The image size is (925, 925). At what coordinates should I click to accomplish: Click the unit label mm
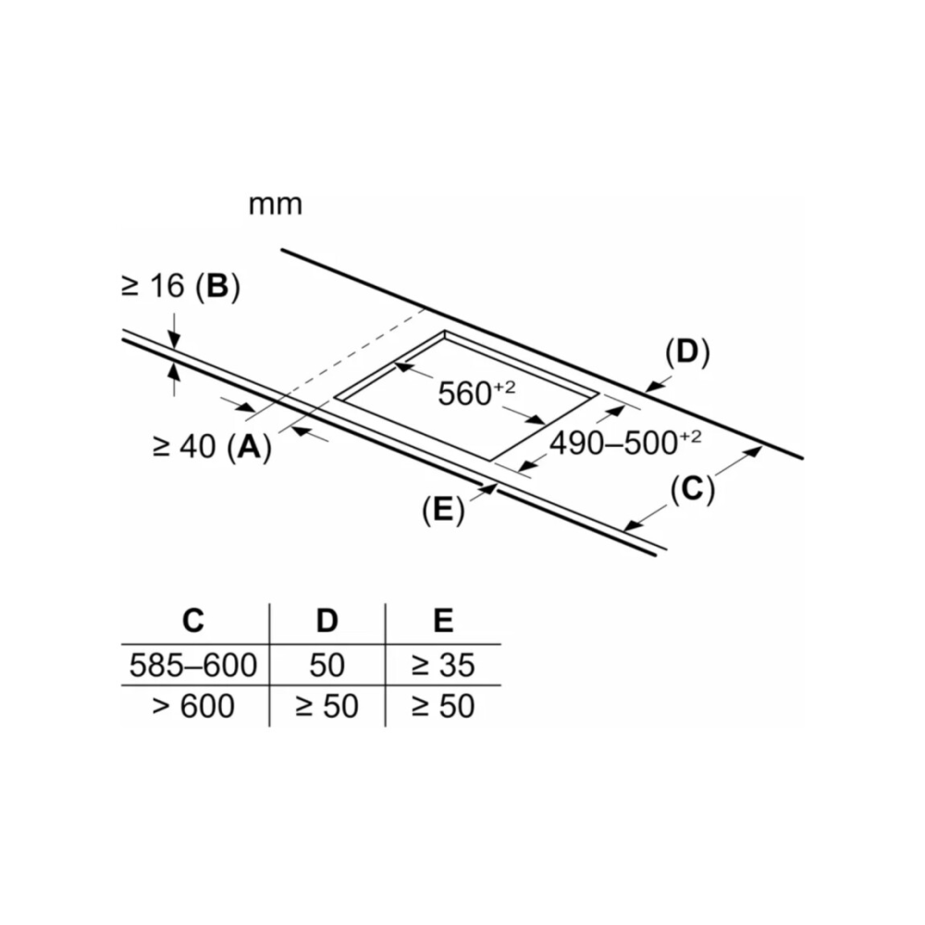276,204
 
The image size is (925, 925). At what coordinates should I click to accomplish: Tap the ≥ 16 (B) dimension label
180,288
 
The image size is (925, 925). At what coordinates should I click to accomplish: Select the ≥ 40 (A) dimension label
212,447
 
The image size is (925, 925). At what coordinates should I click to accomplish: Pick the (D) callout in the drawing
686,353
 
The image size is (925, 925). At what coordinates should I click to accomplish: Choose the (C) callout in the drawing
693,490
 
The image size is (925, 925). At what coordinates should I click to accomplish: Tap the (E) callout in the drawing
442,511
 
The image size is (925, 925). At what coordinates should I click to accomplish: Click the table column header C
192,621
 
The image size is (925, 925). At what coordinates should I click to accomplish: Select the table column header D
327,621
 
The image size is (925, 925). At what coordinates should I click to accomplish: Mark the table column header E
444,621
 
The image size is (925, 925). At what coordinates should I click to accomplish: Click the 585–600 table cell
193,664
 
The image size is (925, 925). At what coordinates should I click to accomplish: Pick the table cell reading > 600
193,707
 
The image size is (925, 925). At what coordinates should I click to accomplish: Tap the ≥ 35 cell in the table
443,664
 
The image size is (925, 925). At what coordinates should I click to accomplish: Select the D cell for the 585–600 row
327,664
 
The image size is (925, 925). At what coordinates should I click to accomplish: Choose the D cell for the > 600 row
327,707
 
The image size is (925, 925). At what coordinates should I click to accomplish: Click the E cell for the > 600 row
443,707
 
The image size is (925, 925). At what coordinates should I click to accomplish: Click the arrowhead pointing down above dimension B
174,343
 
